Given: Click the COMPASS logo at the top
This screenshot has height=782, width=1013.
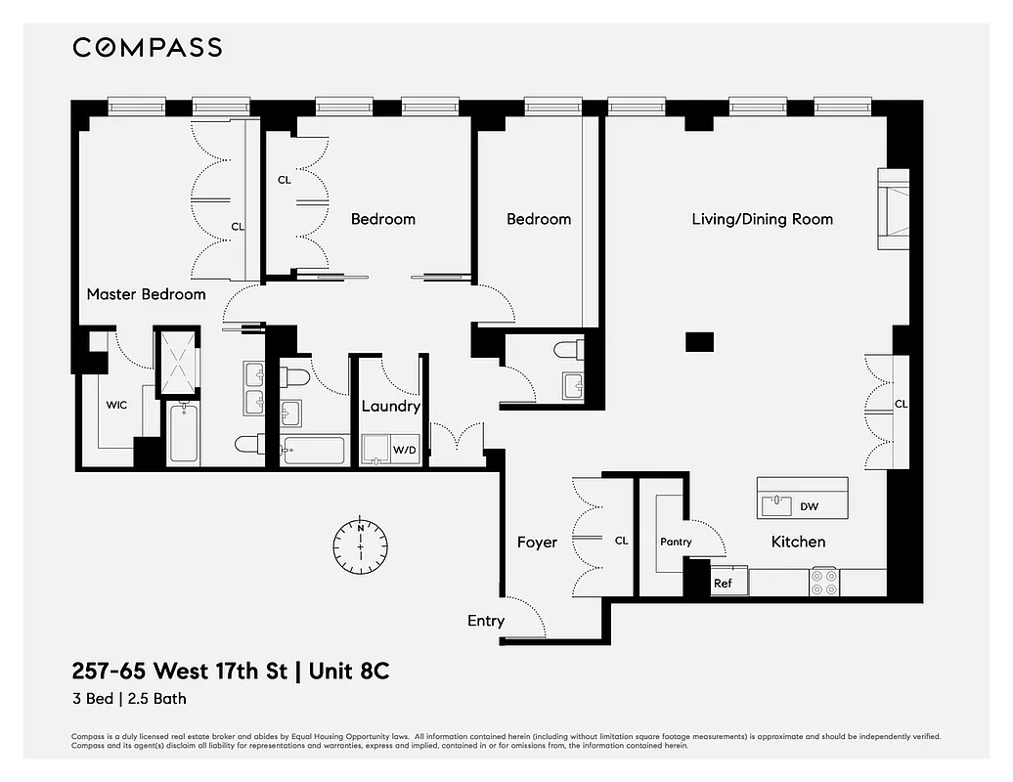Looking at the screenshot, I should point(148,47).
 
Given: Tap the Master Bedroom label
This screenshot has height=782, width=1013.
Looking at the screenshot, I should point(147,294).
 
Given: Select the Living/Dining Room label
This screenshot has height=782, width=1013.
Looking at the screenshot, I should point(762,219).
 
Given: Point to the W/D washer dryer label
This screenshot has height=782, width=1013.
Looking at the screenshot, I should point(404,451).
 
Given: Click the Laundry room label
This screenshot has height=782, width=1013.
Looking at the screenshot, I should point(390,407).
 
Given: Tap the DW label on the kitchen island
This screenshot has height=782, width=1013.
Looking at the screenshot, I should point(809,506).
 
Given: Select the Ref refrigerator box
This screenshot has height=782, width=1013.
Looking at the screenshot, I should point(724,583).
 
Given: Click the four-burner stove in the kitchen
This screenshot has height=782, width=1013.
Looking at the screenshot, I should point(823,583).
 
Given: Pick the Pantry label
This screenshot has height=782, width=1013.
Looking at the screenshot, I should point(676,542).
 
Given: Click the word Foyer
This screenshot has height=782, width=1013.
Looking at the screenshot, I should point(537,543).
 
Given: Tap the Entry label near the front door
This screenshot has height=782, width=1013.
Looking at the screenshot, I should point(486,621).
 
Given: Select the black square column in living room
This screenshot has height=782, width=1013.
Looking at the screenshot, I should point(699,341).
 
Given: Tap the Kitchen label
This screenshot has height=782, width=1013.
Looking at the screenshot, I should point(798,542).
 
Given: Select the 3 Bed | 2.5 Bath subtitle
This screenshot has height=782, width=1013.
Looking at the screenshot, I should point(129,699).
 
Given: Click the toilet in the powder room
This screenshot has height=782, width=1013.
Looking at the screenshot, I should point(567,349).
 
